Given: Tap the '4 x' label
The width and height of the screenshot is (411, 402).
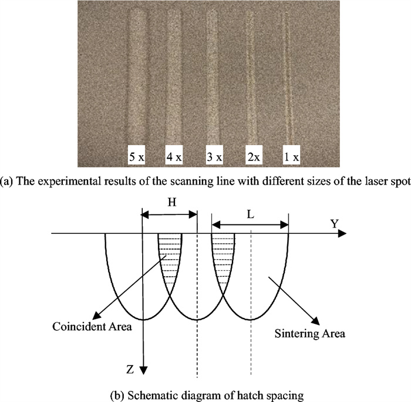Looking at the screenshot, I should tap(174, 157).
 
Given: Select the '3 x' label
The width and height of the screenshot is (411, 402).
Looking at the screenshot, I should tap(214, 157).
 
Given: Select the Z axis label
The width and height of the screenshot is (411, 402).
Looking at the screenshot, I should tap(131, 369).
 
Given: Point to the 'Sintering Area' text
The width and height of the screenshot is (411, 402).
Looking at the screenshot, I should tap(309, 334).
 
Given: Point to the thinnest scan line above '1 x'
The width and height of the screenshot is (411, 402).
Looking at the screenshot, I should tap(287, 76).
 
